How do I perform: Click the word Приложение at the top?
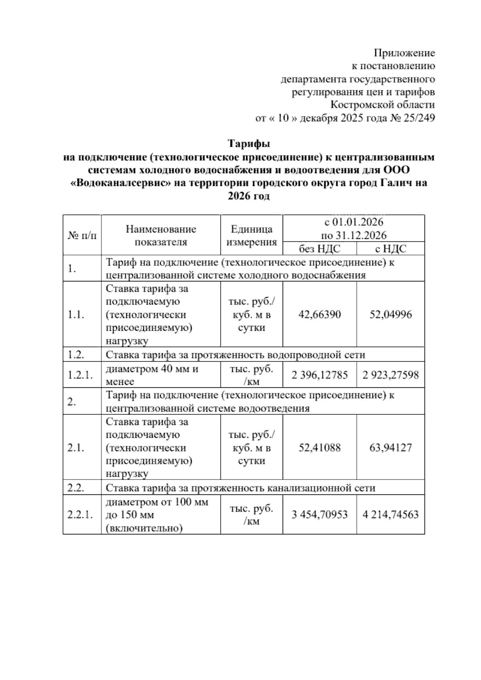click(404, 53)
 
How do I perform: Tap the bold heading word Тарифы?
click(249, 144)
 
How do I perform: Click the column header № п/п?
click(82, 236)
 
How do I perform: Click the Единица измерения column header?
click(252, 236)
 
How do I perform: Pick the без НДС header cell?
click(319, 249)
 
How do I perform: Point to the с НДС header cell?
click(390, 249)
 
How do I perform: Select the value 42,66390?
click(319, 314)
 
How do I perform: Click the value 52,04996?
click(390, 314)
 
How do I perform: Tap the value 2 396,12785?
click(319, 375)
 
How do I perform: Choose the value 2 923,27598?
click(390, 375)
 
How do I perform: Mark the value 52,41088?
click(319, 447)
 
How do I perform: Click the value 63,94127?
click(390, 447)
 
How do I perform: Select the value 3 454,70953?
click(319, 515)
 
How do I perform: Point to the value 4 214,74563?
click(390, 515)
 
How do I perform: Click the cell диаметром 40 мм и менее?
click(152, 375)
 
